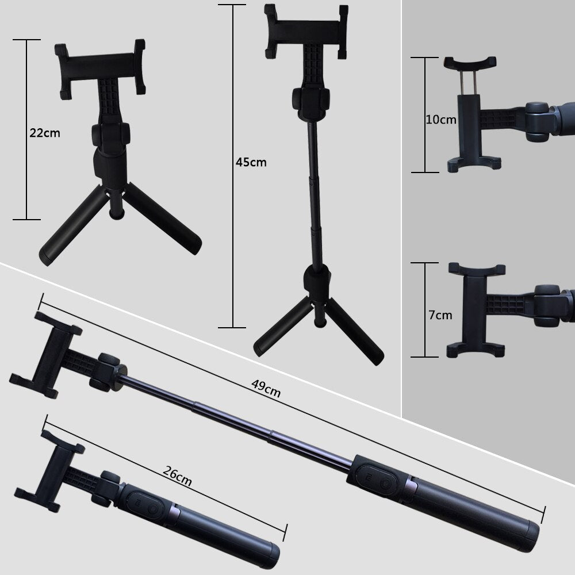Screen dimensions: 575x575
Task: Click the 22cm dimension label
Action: click(45, 132)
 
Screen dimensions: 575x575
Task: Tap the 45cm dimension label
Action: click(251, 162)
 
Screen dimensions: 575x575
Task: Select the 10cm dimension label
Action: click(441, 120)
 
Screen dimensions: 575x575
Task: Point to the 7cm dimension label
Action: click(440, 315)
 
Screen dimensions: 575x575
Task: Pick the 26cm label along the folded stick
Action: click(177, 476)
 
